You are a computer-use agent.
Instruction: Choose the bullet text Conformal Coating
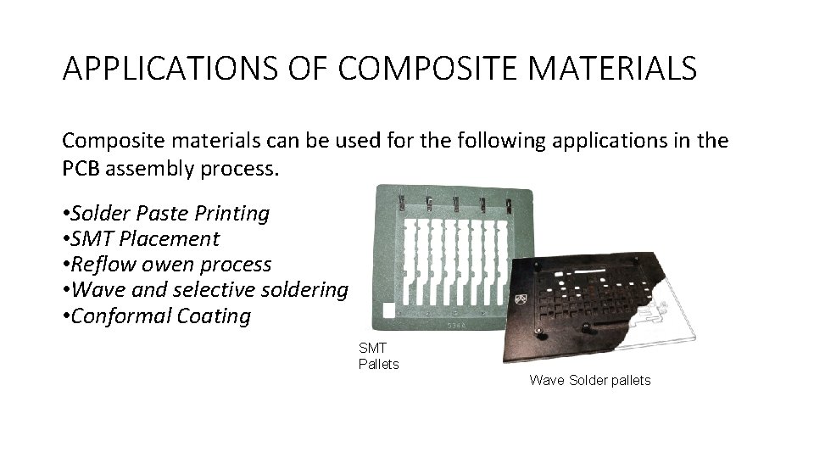pos(162,316)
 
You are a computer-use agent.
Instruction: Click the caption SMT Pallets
pos(378,356)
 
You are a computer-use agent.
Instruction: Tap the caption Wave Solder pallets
pos(590,380)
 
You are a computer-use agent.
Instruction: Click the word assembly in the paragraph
pos(153,168)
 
